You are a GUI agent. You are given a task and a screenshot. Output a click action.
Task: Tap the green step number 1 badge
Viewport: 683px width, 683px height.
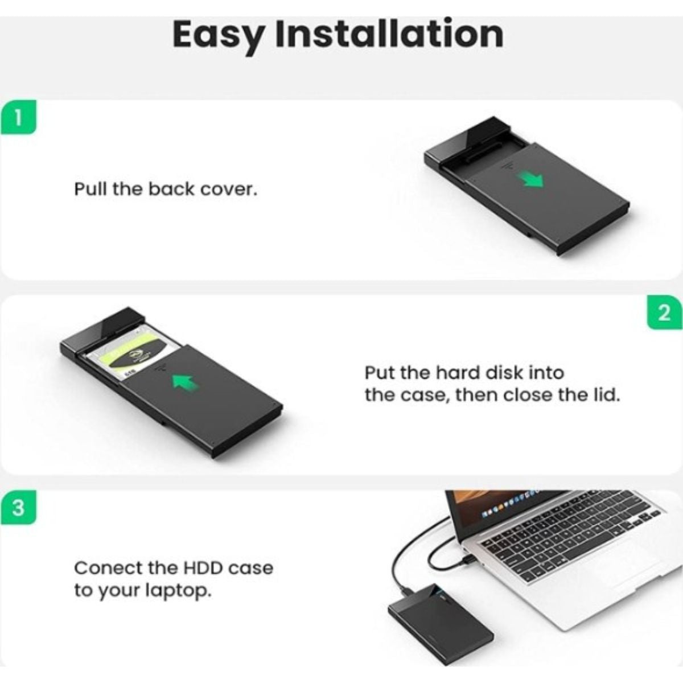tap(18, 117)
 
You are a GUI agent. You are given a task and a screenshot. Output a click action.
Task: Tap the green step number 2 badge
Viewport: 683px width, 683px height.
tap(664, 313)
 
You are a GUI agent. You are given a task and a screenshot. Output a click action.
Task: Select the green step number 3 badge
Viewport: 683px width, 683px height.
tap(18, 508)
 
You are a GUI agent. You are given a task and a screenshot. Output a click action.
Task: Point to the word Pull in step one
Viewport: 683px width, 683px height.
tap(90, 189)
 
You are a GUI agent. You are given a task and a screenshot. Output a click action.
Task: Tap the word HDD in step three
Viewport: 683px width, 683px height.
tap(203, 568)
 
